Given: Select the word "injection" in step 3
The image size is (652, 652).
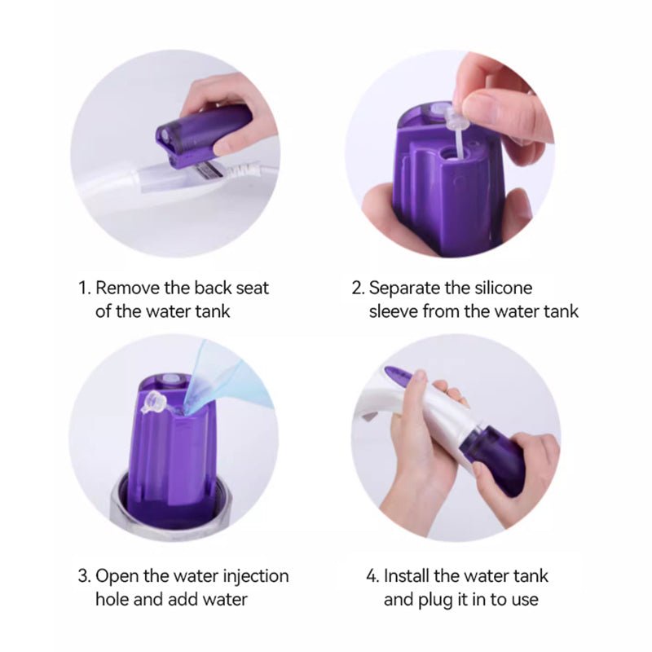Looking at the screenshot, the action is [256, 577].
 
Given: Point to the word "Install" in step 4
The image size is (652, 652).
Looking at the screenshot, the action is [406, 576].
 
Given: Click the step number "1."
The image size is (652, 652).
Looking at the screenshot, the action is [85, 289].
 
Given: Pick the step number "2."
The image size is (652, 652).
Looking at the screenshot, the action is [358, 289].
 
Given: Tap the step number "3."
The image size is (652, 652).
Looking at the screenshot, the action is [85, 576].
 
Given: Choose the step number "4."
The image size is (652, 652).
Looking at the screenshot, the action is [372, 576].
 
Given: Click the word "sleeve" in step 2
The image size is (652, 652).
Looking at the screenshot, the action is [393, 311].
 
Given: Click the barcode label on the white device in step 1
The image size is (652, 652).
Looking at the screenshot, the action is [208, 170].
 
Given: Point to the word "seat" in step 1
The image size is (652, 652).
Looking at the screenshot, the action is [253, 289].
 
